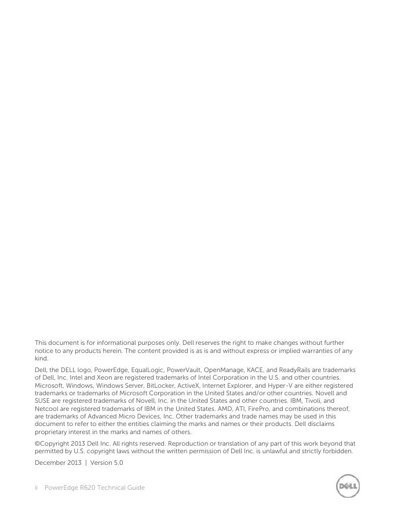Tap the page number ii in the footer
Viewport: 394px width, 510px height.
tap(37, 487)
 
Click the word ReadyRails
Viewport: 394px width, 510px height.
tap(297, 370)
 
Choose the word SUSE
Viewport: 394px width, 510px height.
tap(44, 400)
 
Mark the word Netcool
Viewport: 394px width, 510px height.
tap(47, 408)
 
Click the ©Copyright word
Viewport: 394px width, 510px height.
tap(54, 444)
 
